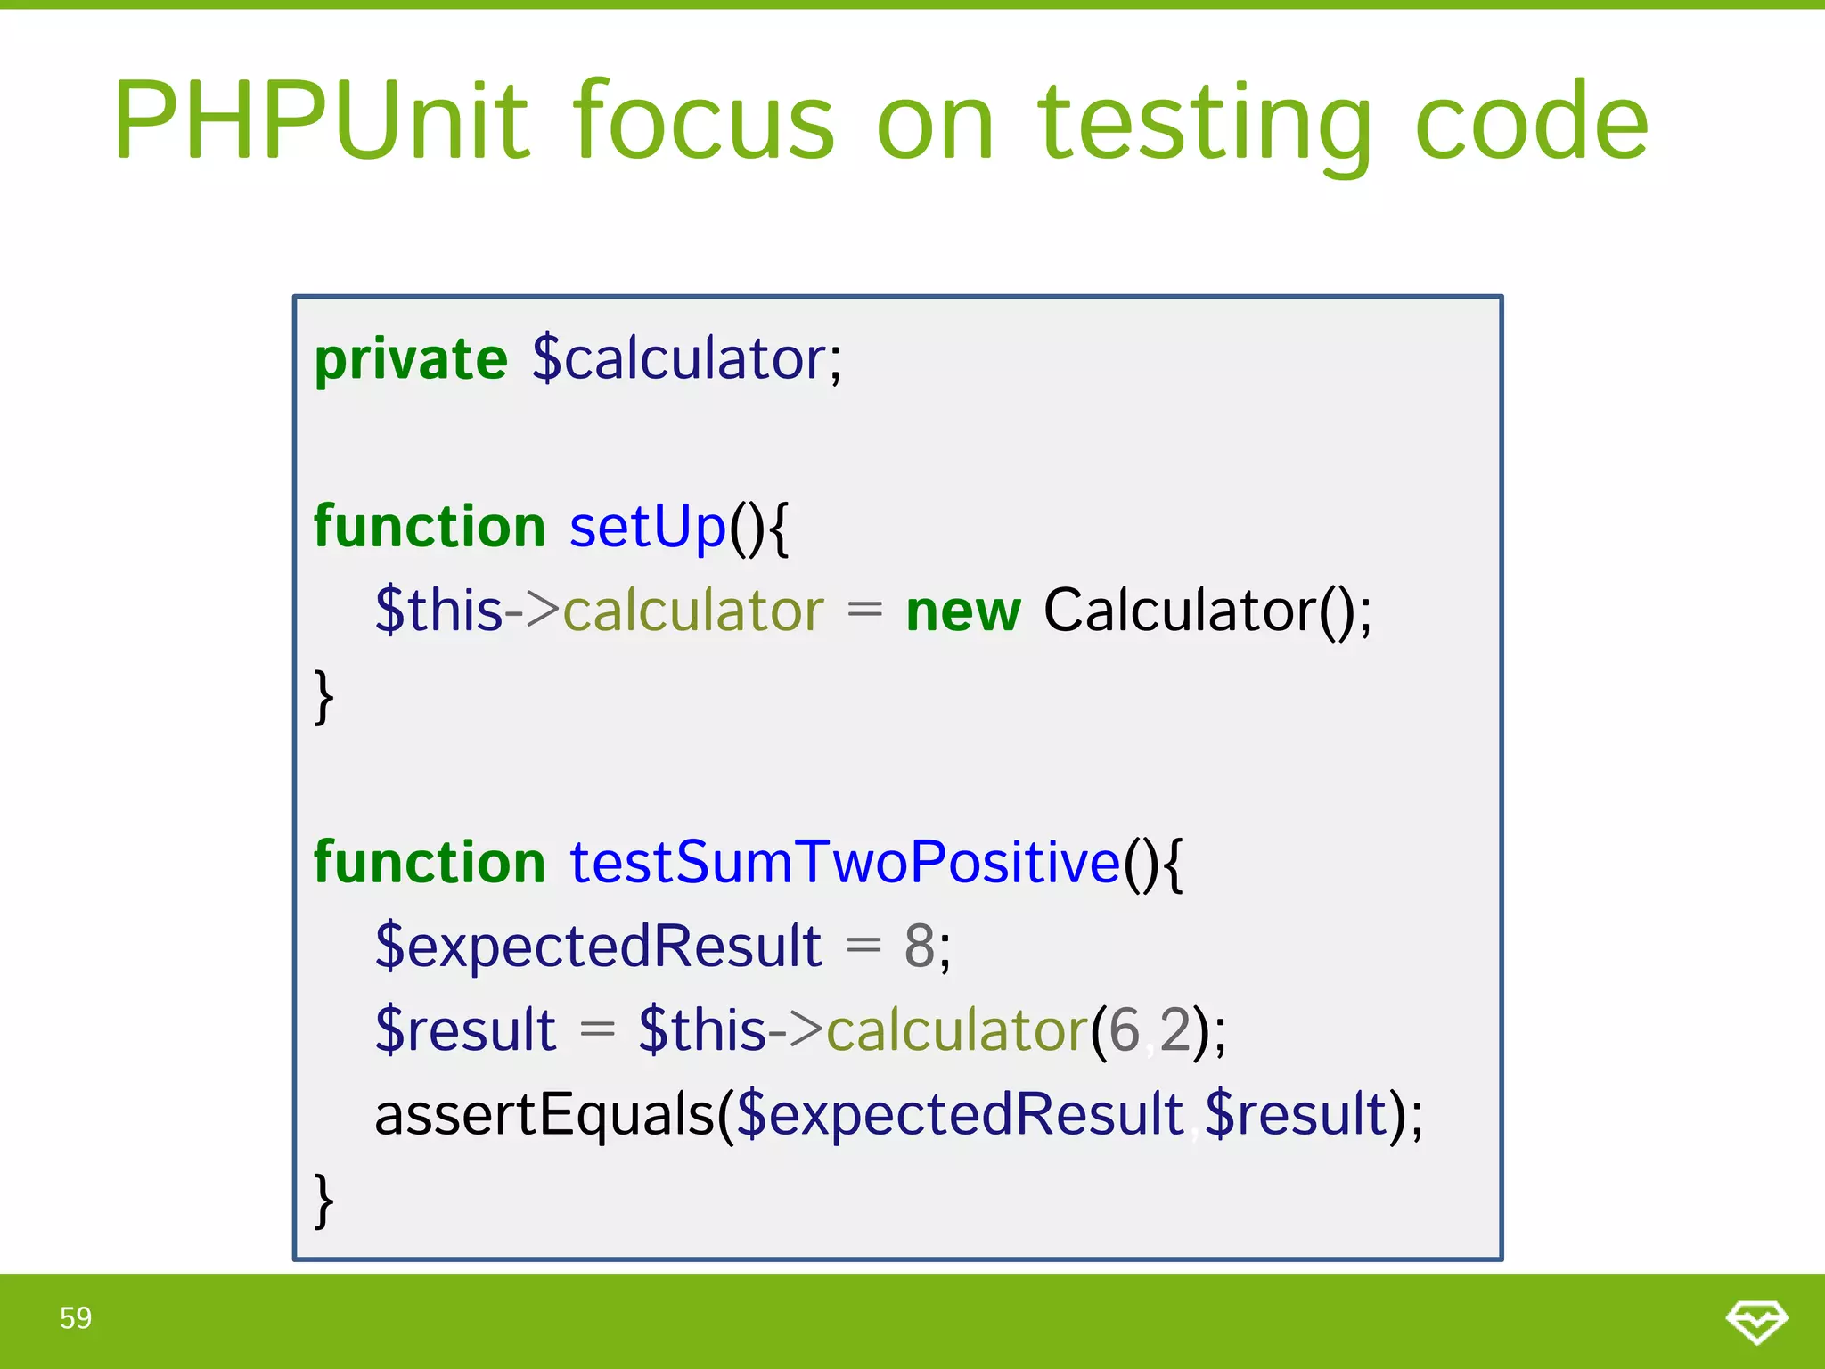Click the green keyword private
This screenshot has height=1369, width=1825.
(x=411, y=360)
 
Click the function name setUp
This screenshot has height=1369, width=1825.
(x=648, y=528)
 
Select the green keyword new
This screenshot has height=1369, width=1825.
(x=962, y=612)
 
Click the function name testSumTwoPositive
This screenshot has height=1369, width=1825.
(x=844, y=863)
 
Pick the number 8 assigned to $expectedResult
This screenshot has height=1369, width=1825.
(x=920, y=947)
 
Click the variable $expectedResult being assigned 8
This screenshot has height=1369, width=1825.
(x=598, y=947)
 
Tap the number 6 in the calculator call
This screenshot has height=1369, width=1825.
(x=1124, y=1031)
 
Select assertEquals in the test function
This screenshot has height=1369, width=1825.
(x=544, y=1115)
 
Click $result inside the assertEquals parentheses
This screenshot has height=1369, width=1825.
(x=1297, y=1115)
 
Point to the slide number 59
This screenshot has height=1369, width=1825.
(x=76, y=1318)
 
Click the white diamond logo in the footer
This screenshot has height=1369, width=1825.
(x=1756, y=1320)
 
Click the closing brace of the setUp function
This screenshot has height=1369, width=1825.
(x=324, y=697)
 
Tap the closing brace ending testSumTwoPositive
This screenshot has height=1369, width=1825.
(x=324, y=1201)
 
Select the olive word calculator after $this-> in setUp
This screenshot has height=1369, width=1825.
(x=692, y=612)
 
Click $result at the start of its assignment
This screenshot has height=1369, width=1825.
(x=465, y=1031)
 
